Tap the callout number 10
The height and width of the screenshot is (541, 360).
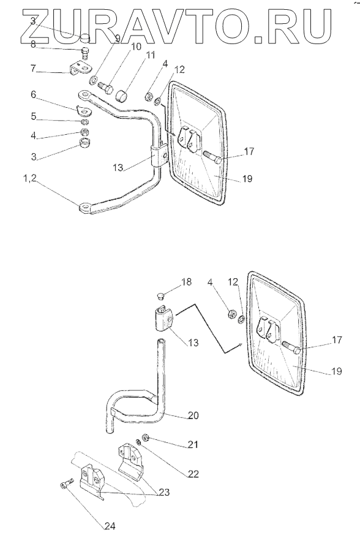[x=136, y=46]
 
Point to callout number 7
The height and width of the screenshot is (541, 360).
[x=33, y=68]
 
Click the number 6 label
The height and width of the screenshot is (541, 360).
[x=34, y=94]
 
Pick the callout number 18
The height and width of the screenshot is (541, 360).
[x=187, y=282]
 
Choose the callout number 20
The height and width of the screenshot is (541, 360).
[x=194, y=415]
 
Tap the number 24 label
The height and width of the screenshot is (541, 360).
[x=110, y=526]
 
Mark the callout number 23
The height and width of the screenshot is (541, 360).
[x=164, y=493]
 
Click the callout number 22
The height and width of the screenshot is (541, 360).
[x=193, y=474]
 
